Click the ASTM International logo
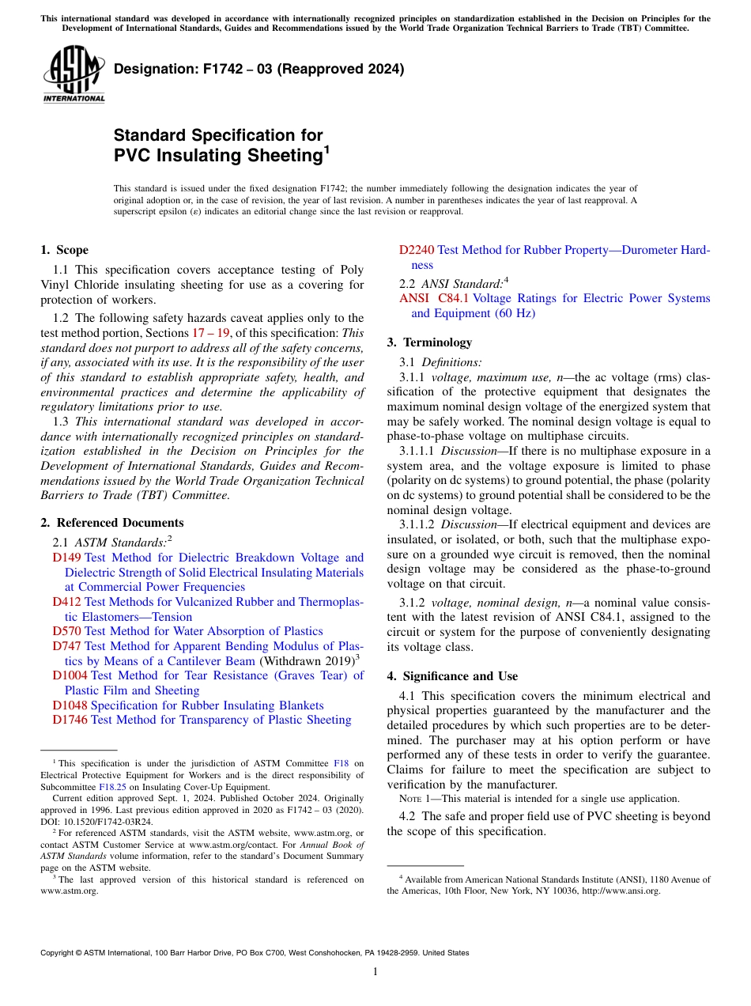[x=74, y=74]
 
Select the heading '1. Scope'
[x=65, y=251]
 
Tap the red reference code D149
[x=66, y=558]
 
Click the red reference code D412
[x=66, y=602]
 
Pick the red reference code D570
[x=66, y=631]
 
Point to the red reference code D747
[x=66, y=646]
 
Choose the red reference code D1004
[x=70, y=675]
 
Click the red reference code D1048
[x=70, y=705]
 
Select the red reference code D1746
[x=70, y=720]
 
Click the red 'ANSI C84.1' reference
[x=434, y=299]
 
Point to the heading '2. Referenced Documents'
[x=112, y=523]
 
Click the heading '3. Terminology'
[x=429, y=342]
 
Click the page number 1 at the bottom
[x=375, y=972]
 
